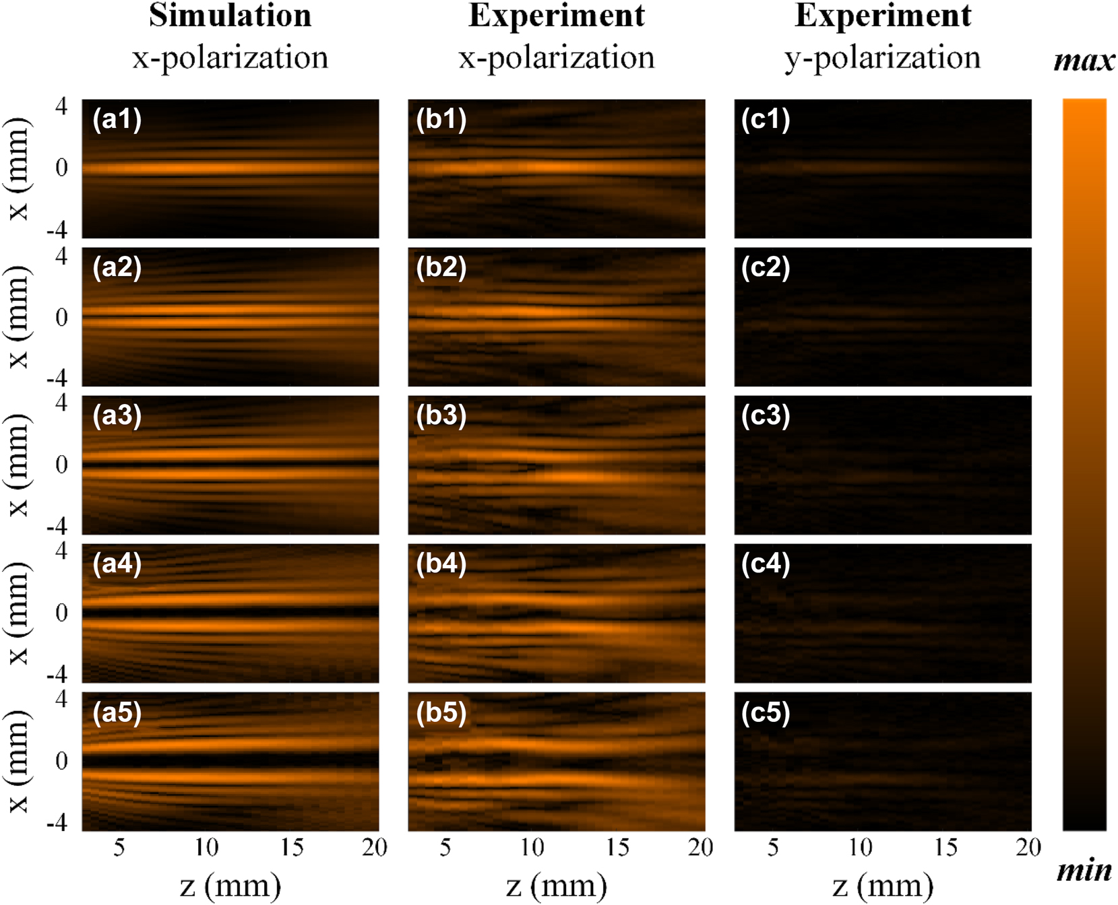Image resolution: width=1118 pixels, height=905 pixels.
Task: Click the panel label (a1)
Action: (117, 120)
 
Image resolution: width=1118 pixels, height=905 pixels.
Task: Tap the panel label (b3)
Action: (441, 415)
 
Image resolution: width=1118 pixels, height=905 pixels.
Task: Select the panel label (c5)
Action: (766, 712)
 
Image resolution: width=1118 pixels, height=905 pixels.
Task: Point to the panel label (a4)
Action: (117, 564)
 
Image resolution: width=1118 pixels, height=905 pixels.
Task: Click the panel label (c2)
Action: (766, 268)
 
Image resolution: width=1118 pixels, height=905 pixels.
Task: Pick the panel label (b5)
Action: (441, 712)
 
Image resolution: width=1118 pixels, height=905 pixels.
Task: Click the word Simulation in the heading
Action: (230, 15)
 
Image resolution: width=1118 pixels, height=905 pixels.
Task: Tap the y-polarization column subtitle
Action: (882, 58)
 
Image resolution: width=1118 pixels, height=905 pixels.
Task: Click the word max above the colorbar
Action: (1084, 61)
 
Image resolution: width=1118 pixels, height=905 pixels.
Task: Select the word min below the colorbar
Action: (1084, 871)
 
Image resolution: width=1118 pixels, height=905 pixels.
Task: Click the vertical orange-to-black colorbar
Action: (1084, 465)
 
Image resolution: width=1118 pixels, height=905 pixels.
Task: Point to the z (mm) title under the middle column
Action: (556, 886)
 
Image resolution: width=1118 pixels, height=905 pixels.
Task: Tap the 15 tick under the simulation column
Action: (292, 847)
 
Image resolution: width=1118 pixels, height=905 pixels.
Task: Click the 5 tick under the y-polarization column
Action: (773, 847)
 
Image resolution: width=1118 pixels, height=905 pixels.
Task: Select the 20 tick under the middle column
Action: (700, 847)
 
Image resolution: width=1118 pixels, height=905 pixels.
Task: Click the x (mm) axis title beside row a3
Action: (18, 465)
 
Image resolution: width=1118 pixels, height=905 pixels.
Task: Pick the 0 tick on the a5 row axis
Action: (61, 761)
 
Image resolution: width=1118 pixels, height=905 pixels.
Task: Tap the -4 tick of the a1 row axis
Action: (57, 230)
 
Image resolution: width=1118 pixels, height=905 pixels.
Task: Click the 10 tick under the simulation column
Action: (206, 847)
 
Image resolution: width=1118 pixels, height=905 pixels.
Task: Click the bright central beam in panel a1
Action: (202, 168)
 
